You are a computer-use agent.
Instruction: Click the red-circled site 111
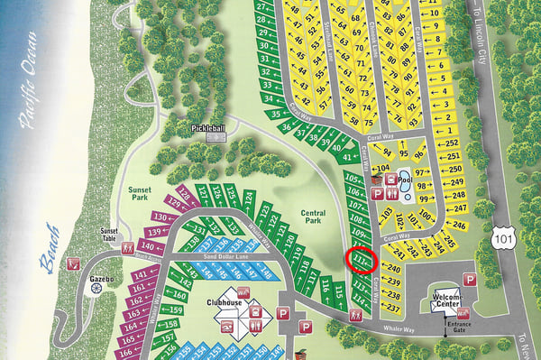pos(362,261)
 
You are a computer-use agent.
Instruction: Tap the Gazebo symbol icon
pos(97,267)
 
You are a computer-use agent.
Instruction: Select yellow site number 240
pos(392,268)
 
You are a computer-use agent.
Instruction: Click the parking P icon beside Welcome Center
pos(468,279)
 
